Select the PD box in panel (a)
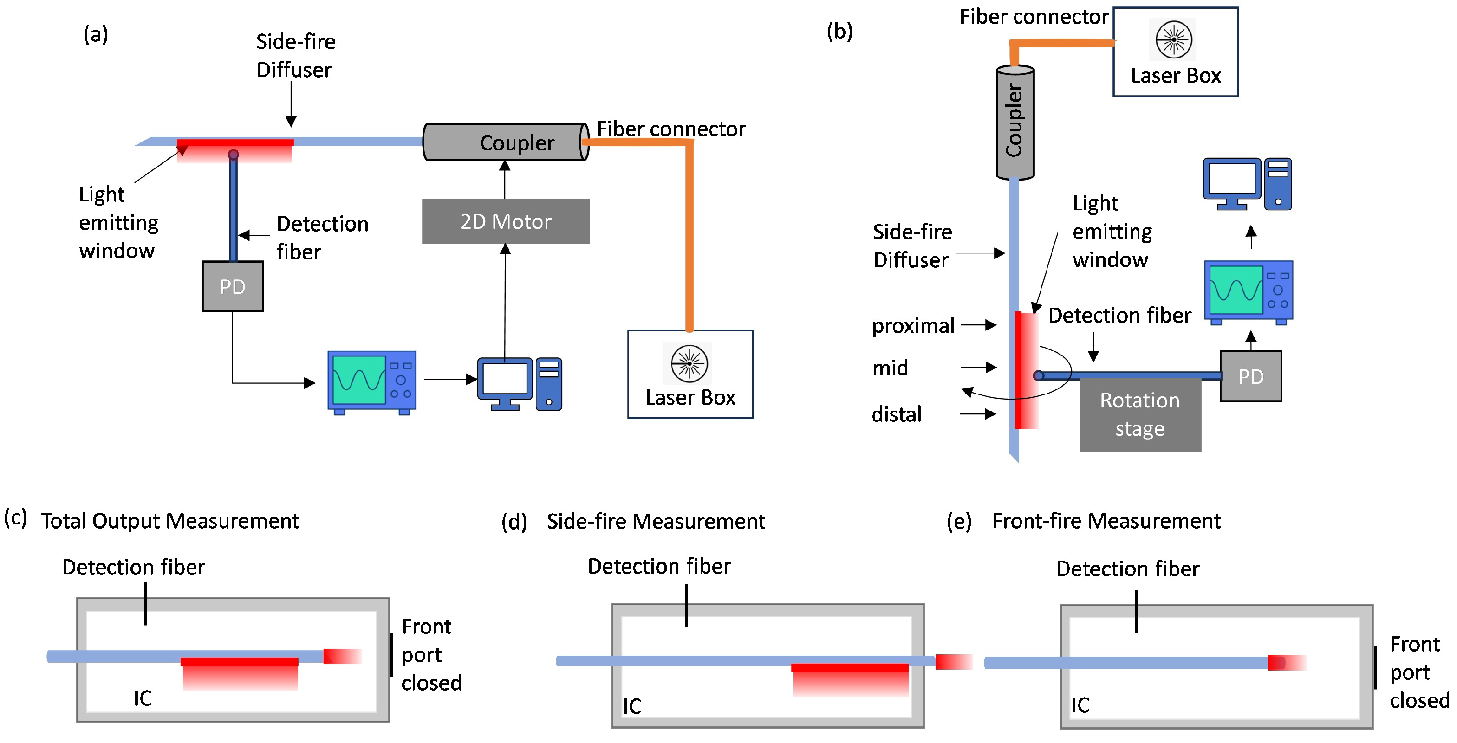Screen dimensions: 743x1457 click(x=233, y=286)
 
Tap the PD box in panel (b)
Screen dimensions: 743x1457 click(x=1250, y=376)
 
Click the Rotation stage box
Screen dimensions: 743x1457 click(x=1140, y=414)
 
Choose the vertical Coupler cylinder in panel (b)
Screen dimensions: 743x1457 click(x=1015, y=122)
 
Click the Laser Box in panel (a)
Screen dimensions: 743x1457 click(x=690, y=375)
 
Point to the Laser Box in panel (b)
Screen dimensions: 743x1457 click(x=1175, y=52)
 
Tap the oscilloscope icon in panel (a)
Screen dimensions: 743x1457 click(x=371, y=382)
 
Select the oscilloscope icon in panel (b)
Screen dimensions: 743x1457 click(x=1248, y=292)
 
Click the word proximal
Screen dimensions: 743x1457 click(x=913, y=326)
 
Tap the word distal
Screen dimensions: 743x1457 click(x=897, y=414)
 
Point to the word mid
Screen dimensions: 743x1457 click(x=890, y=368)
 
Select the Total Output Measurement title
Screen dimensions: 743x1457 click(x=169, y=521)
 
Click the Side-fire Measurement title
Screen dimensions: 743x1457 click(x=656, y=521)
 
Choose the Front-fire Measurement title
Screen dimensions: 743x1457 click(x=1106, y=521)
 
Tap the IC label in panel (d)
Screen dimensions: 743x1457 click(x=632, y=706)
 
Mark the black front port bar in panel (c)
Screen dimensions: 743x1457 click(x=391, y=655)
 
